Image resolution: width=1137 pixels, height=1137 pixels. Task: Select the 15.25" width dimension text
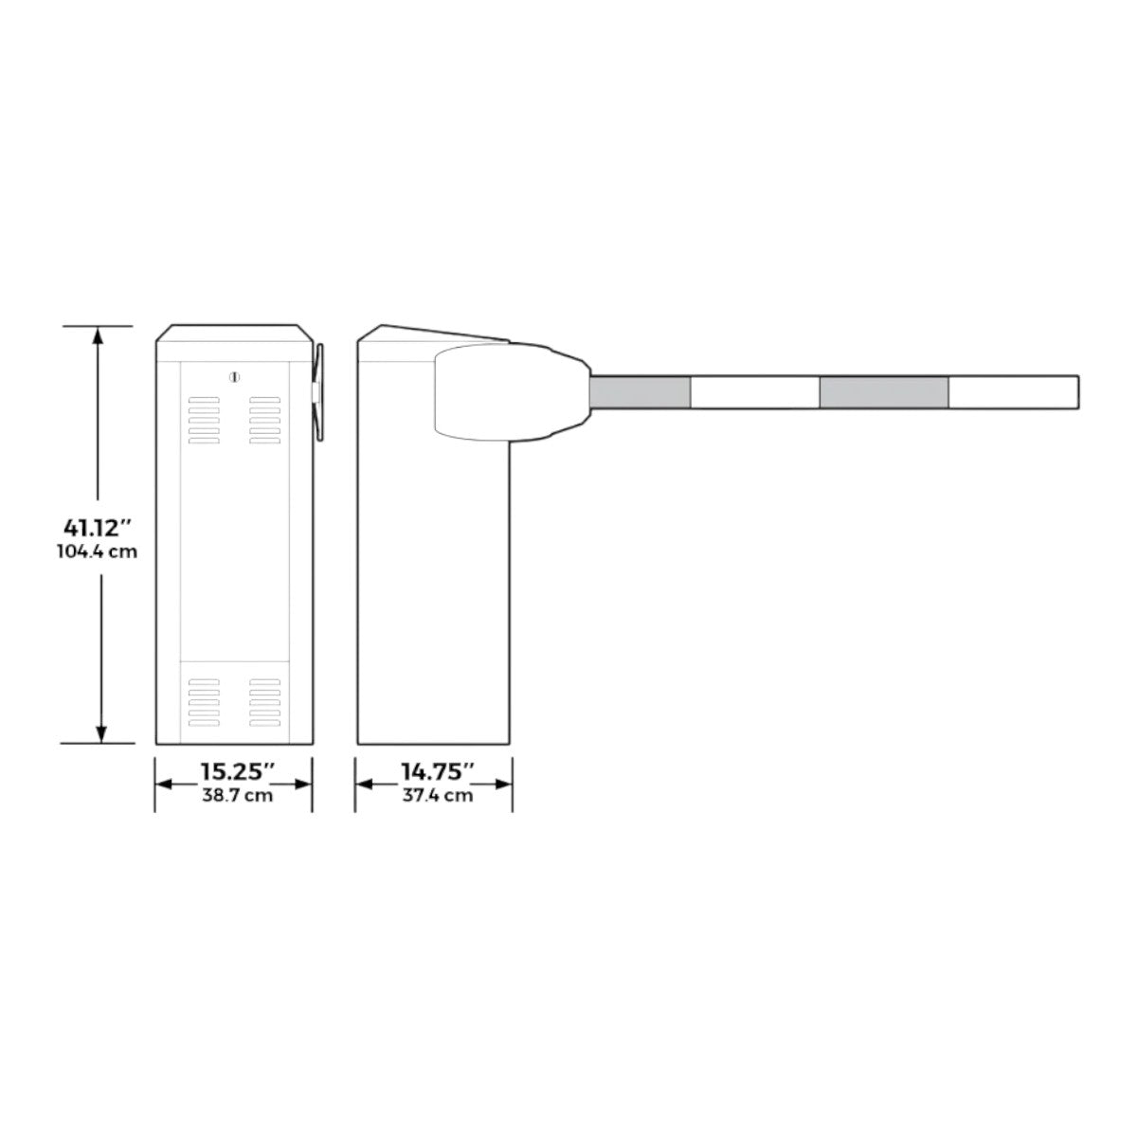point(237,772)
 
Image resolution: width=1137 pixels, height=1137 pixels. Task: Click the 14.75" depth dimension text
point(437,772)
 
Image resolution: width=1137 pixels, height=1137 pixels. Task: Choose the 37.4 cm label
point(437,796)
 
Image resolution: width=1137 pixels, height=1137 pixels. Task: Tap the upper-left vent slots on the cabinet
point(203,421)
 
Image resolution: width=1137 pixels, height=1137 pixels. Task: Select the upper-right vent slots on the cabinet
point(265,421)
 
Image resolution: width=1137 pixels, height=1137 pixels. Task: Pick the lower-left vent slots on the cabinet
point(203,702)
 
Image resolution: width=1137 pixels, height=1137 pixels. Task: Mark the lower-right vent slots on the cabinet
point(265,702)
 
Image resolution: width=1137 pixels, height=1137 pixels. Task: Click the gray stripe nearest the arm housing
point(641,392)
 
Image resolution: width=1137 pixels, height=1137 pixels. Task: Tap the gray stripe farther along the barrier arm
point(884,392)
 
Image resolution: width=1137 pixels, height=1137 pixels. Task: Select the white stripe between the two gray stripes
point(755,392)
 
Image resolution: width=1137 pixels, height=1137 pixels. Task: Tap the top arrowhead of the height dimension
point(99,334)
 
